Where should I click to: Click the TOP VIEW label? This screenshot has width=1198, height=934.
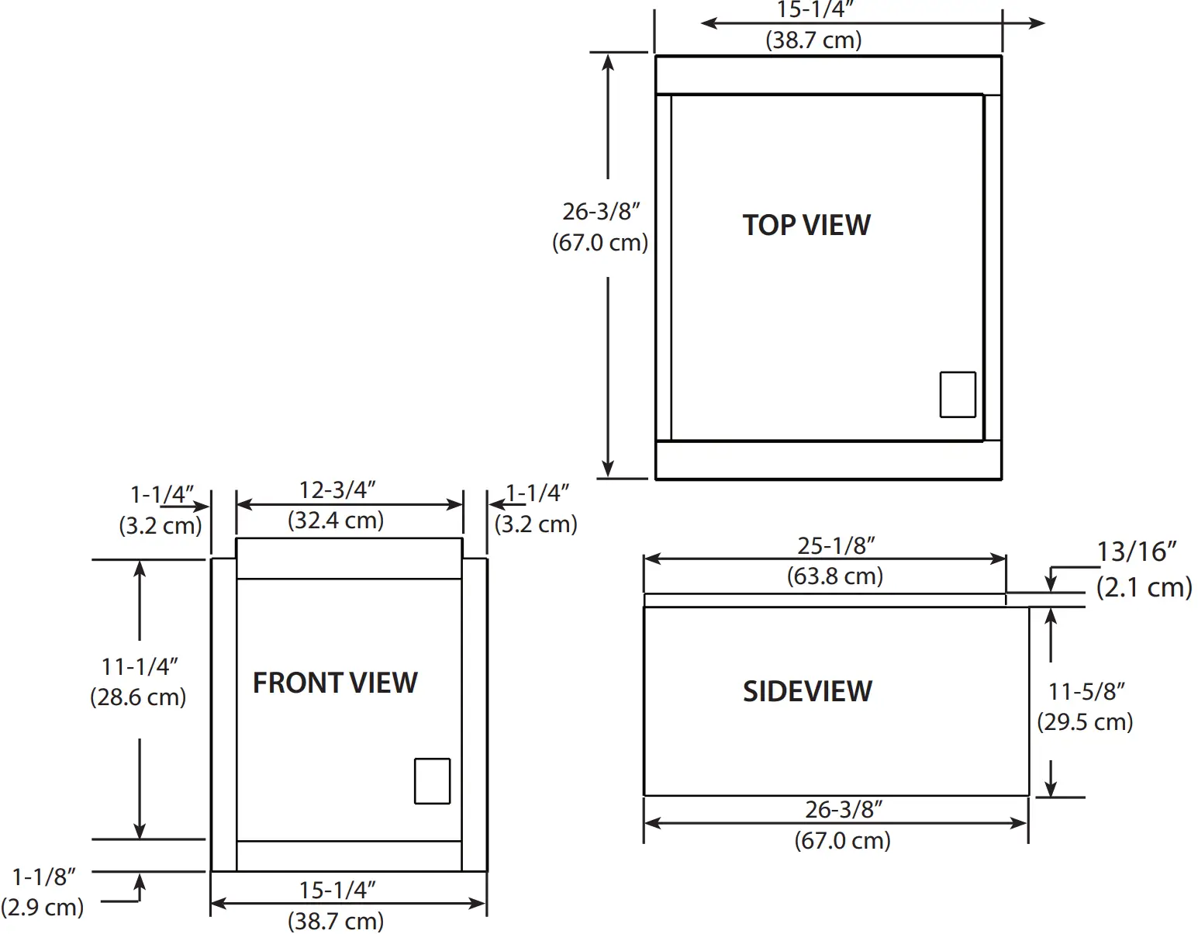coord(806,225)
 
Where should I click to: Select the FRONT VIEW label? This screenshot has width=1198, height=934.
coord(335,683)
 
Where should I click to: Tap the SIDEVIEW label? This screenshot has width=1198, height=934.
coord(807,691)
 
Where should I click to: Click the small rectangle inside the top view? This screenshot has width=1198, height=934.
coord(958,395)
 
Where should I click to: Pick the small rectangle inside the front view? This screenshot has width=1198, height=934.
coord(432,780)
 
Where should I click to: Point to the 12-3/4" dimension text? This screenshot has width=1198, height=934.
coord(337,490)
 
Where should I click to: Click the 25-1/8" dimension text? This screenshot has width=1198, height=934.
coord(836,546)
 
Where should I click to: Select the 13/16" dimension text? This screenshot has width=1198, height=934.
coord(1136,552)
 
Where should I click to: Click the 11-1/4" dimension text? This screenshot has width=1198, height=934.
coord(140,666)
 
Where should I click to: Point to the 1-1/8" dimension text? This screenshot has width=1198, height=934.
coord(44,877)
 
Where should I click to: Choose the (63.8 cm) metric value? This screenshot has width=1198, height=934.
coord(835,576)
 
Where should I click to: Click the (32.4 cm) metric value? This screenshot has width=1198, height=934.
coord(336,520)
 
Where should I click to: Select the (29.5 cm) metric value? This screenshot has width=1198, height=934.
coord(1085,722)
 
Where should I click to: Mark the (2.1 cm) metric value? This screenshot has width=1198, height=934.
coord(1144,587)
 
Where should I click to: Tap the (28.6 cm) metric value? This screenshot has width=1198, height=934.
coord(138,697)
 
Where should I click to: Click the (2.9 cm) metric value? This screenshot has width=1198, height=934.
coord(42,907)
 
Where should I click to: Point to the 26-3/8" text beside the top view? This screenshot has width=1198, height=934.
coord(601,211)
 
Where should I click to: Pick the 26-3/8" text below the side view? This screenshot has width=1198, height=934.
coord(844,810)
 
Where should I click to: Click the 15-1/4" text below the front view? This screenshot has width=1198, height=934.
coord(337,890)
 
